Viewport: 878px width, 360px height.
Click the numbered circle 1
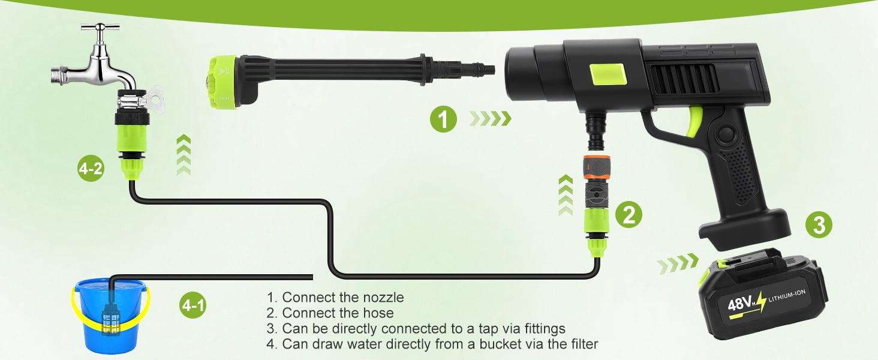coord(443,118)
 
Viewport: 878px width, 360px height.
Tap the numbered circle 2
coord(629,215)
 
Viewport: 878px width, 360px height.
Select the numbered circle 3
coord(819,224)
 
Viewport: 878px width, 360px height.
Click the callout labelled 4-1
coord(193,305)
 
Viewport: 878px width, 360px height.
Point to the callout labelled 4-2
coord(91,168)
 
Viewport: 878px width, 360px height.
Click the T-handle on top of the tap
coord(100,28)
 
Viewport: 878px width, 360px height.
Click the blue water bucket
coord(110,316)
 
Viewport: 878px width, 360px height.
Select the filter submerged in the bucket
coord(112,319)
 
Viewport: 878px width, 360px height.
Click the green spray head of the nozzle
coord(222,82)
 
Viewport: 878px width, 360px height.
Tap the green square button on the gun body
coord(608,74)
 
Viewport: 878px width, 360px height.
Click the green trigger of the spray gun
coord(695,122)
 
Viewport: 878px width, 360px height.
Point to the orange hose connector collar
coord(597,167)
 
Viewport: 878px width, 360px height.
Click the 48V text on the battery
coord(739,304)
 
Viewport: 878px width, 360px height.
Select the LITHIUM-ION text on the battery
coord(787,295)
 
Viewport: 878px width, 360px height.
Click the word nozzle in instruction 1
coord(383,297)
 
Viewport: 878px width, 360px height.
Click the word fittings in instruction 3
coord(545,328)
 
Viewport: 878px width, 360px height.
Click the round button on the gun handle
coord(726,134)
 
